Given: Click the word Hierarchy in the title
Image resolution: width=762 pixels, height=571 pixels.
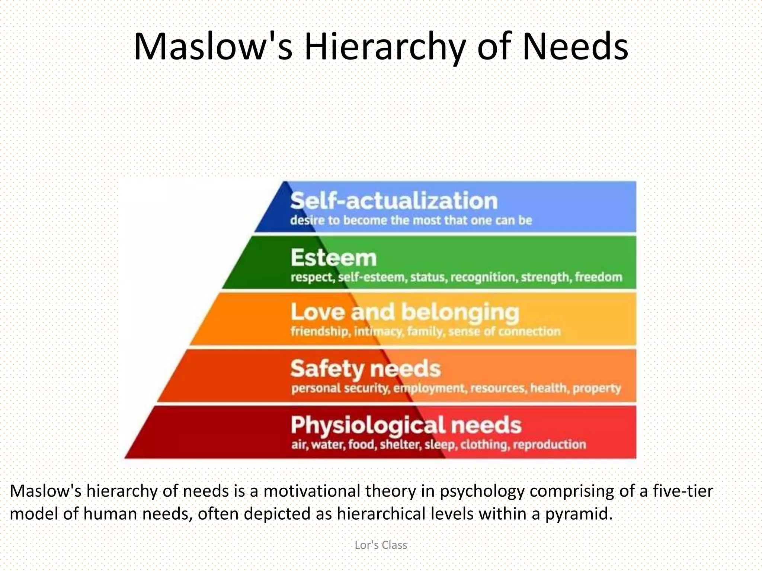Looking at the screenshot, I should [x=385, y=47].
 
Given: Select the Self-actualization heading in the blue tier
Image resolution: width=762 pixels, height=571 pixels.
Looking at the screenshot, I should [x=394, y=201].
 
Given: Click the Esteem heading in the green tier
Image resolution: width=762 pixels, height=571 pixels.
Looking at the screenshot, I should [x=333, y=258].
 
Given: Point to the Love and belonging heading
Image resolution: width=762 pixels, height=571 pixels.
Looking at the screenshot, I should [x=404, y=312].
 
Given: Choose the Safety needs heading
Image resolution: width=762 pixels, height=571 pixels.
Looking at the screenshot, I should [x=365, y=369].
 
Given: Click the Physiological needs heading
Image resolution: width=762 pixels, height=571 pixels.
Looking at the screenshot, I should [x=406, y=425].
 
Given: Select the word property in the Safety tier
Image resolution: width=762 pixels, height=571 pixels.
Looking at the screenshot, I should [x=596, y=388].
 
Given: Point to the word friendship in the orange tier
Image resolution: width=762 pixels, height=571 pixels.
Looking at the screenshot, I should [x=320, y=331].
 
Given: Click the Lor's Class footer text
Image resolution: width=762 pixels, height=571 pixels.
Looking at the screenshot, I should [x=381, y=545].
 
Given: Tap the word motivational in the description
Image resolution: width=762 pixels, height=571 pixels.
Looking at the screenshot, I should [x=312, y=491].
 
